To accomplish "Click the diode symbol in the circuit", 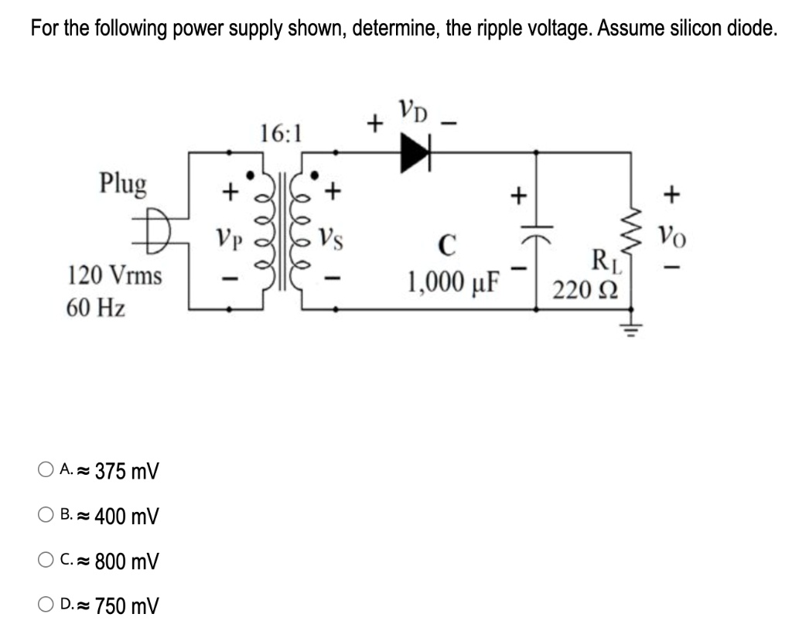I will [x=415, y=153].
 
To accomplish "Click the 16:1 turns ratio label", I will [x=282, y=134].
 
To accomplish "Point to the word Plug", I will [x=123, y=184].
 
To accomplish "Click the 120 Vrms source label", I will [x=115, y=275].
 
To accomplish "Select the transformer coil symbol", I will [x=282, y=232].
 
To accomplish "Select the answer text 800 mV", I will [x=127, y=561].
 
